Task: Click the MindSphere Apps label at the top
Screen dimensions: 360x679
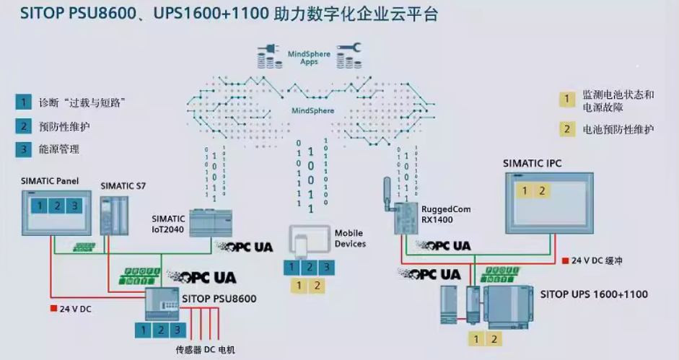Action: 309,58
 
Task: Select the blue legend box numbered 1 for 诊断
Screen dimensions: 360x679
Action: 25,102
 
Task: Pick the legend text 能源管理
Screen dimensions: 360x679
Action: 59,149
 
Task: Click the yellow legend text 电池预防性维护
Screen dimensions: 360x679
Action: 618,130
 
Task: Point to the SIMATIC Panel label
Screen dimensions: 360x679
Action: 50,180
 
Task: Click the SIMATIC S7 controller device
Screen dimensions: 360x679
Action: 113,214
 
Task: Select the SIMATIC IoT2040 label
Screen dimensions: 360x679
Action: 169,223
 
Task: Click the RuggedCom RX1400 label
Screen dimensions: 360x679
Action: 446,214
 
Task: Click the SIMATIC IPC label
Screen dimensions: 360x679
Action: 532,164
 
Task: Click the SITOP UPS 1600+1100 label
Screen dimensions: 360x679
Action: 594,294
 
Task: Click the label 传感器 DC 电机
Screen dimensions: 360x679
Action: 206,350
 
